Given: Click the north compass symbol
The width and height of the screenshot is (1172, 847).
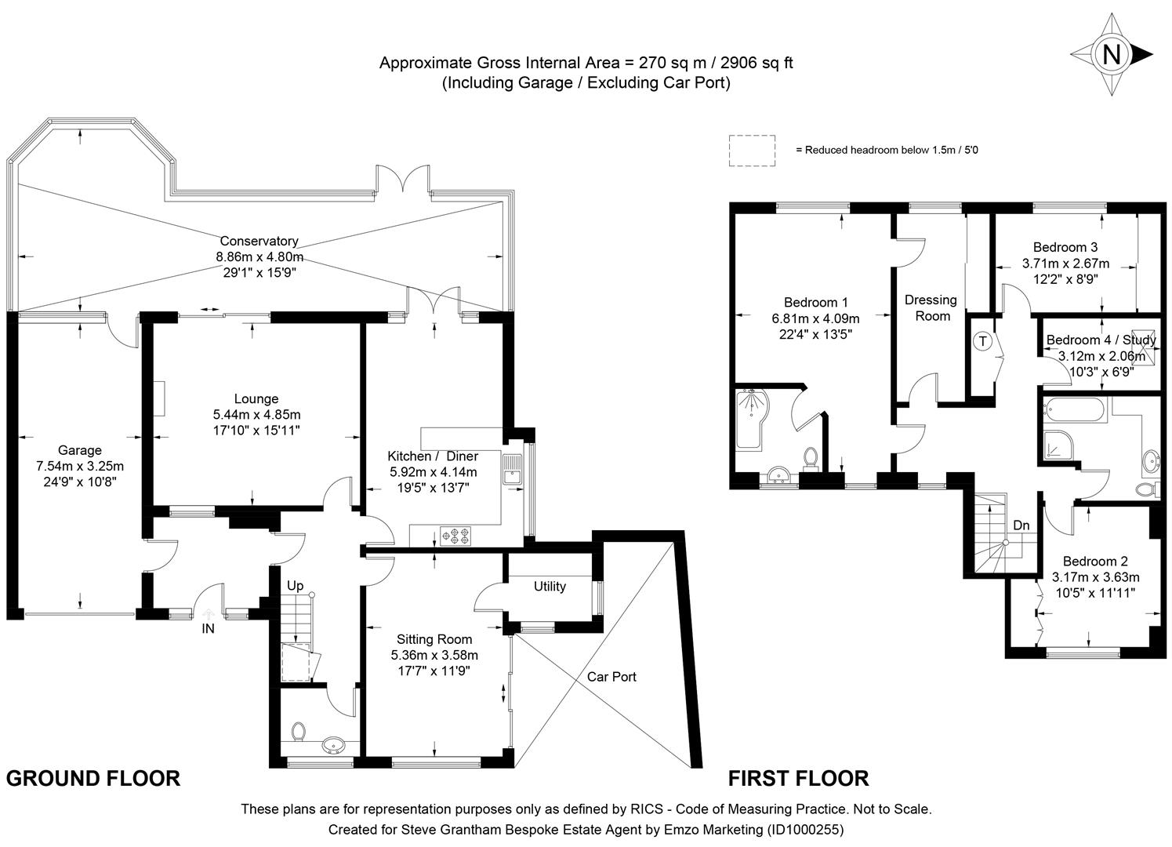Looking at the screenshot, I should [x=1111, y=54].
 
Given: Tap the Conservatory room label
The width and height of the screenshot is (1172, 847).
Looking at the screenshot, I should [x=259, y=242].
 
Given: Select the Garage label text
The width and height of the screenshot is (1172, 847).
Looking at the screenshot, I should [x=80, y=450].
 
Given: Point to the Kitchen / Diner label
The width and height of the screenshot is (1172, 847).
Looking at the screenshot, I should [x=433, y=456].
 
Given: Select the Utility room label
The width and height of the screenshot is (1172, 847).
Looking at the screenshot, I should [x=550, y=587].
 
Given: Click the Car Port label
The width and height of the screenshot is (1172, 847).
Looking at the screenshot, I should [x=611, y=676].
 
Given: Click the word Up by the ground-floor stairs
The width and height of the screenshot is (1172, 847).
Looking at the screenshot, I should [x=295, y=586].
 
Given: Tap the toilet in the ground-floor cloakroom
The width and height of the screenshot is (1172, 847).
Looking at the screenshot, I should [x=298, y=733].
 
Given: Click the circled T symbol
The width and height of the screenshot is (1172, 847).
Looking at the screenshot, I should [x=982, y=341].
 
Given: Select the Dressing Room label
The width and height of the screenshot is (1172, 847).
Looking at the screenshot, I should [x=931, y=307].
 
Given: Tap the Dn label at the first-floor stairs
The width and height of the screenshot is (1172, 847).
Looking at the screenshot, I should [x=1021, y=525].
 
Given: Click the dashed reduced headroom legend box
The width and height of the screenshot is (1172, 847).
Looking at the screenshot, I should [x=752, y=150].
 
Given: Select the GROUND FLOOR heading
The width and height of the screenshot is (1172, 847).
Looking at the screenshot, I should [x=93, y=778].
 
